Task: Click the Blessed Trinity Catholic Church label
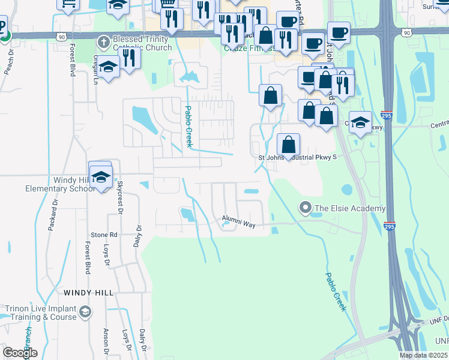(x=142, y=43)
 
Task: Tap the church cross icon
(x=103, y=43)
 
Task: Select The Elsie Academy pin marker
(x=305, y=208)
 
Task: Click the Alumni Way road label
(x=239, y=221)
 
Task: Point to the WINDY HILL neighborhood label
(x=89, y=292)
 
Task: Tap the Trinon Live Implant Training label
(x=41, y=313)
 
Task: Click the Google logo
(x=20, y=353)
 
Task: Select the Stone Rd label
(x=104, y=235)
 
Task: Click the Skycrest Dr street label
(x=119, y=197)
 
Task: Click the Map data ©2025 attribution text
(x=424, y=355)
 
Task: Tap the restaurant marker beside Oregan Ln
(x=129, y=58)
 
